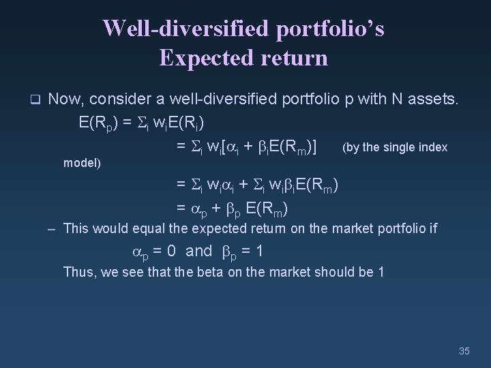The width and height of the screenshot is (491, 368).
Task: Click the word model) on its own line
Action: click(x=82, y=164)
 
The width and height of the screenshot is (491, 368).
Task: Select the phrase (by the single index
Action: click(x=395, y=147)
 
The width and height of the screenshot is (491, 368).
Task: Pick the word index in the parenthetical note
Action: click(x=434, y=147)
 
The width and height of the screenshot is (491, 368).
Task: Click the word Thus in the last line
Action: click(x=76, y=273)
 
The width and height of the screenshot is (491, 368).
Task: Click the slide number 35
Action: click(x=465, y=352)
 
